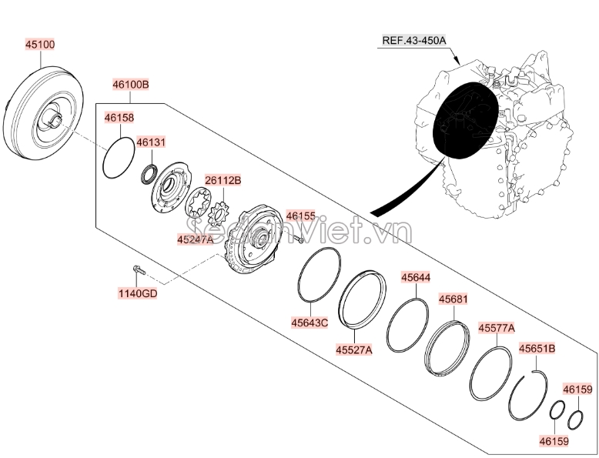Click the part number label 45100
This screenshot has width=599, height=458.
40,45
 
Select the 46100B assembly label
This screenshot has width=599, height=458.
131,84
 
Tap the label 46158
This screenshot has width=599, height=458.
119,118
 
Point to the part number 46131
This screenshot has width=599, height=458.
151,142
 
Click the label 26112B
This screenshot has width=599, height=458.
223,180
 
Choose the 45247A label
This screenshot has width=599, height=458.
196,239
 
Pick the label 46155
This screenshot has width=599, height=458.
301,216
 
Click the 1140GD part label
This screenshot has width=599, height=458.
138,293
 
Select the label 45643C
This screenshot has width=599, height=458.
310,323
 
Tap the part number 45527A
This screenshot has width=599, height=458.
354,349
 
